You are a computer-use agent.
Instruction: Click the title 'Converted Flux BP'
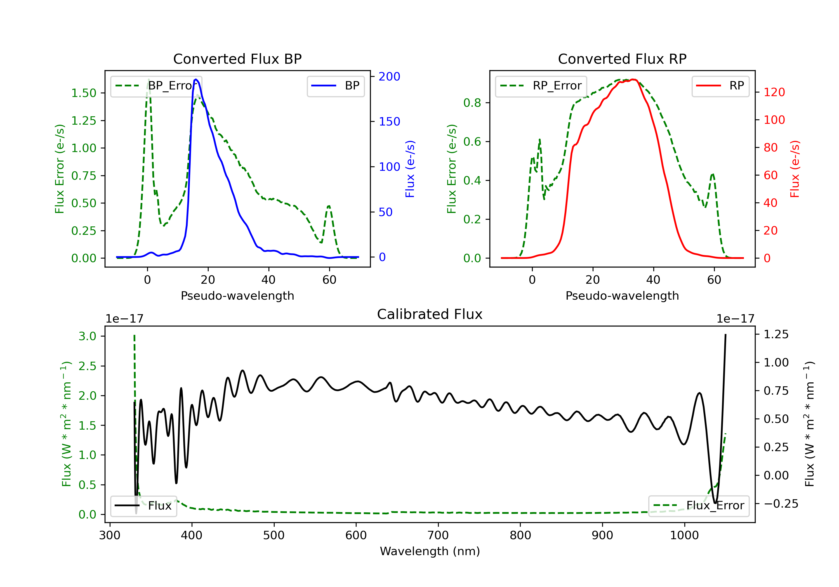pos(237,59)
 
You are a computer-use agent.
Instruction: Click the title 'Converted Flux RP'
pos(622,59)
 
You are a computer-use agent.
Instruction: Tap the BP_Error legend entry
pos(156,86)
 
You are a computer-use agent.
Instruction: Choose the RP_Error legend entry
pos(541,86)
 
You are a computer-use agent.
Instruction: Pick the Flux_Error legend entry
pos(698,506)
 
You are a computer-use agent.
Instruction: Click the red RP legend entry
pos(720,86)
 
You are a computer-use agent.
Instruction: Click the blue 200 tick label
pos(389,76)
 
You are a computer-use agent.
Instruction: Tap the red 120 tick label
pos(774,92)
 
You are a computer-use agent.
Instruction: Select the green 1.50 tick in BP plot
pos(84,93)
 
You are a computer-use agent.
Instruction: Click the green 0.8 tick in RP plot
pos(472,103)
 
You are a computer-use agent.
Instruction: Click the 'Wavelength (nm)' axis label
pos(430,551)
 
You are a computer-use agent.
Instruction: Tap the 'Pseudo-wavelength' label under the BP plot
pos(237,295)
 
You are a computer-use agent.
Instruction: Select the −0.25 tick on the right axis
pos(781,504)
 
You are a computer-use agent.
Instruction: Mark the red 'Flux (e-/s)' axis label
pos(795,169)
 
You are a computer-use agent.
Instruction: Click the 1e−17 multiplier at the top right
pos(735,319)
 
